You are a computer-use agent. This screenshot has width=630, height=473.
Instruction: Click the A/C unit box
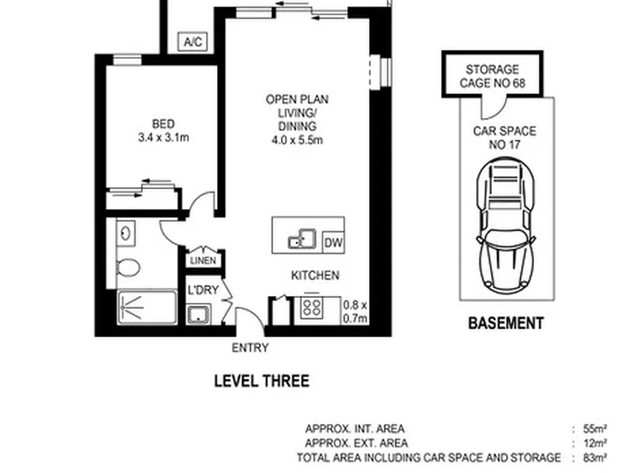pyautogui.click(x=192, y=42)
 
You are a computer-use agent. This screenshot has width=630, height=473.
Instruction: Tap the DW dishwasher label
pyautogui.click(x=333, y=243)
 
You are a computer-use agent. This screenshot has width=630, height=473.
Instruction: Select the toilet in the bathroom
pyautogui.click(x=128, y=267)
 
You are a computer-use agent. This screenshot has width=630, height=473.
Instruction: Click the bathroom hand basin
pyautogui.click(x=126, y=233)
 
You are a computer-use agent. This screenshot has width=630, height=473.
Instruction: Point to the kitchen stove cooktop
pyautogui.click(x=311, y=308)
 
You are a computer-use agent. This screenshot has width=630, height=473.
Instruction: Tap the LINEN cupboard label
pyautogui.click(x=203, y=261)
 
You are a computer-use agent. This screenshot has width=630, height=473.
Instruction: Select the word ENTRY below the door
pyautogui.click(x=250, y=348)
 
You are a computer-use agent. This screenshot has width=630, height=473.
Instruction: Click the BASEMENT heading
pyautogui.click(x=506, y=323)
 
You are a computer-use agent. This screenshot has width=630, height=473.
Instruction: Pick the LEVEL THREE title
pyautogui.click(x=262, y=381)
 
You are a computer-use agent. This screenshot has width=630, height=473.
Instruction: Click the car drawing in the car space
pyautogui.click(x=506, y=226)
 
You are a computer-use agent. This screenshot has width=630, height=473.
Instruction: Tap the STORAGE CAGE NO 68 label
pyautogui.click(x=492, y=76)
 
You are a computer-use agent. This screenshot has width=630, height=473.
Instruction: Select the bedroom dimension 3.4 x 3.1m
pyautogui.click(x=164, y=138)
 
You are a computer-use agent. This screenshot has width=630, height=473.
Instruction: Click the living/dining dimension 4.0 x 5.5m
pyautogui.click(x=297, y=140)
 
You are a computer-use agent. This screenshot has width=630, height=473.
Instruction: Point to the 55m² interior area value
pyautogui.click(x=595, y=428)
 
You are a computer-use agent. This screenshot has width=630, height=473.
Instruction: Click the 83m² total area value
pyautogui.click(x=595, y=458)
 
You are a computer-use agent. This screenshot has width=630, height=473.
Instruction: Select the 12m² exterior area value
pyautogui.click(x=595, y=443)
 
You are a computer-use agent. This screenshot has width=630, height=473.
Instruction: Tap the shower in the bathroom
pyautogui.click(x=147, y=307)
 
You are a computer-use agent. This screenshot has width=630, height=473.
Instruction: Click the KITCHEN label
pyautogui.click(x=315, y=276)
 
